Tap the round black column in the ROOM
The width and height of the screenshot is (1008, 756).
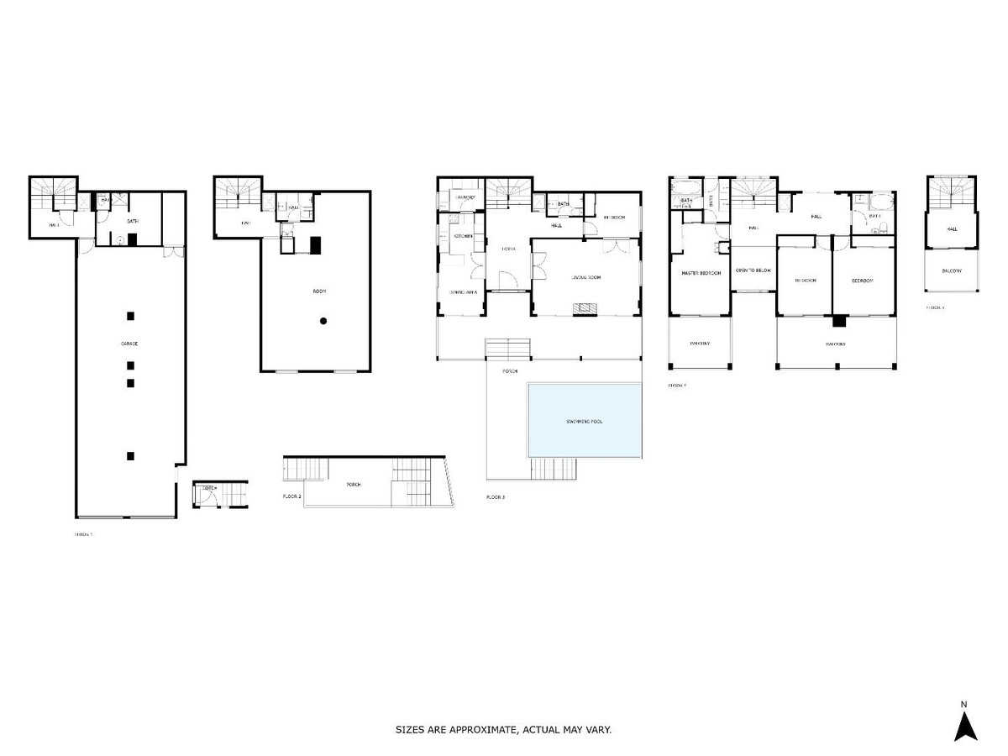(x=323, y=321)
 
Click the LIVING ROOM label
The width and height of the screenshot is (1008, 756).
(x=586, y=277)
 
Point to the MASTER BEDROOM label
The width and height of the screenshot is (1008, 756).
(x=700, y=271)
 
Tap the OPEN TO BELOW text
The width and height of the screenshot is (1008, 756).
(x=753, y=270)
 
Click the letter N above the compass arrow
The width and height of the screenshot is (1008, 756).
(x=964, y=704)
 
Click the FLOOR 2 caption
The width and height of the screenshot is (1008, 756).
(x=291, y=497)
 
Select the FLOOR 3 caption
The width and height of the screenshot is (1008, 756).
(x=496, y=497)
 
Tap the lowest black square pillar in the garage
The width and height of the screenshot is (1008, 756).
(x=130, y=456)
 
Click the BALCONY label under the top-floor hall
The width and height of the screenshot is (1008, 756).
(x=951, y=270)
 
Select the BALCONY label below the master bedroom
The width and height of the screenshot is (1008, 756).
(x=700, y=343)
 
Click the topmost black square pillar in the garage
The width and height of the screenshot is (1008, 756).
(x=130, y=316)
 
